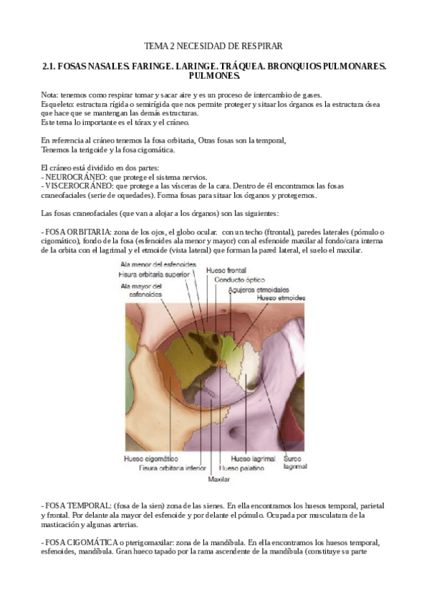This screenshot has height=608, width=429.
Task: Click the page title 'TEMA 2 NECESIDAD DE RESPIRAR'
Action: tap(213, 46)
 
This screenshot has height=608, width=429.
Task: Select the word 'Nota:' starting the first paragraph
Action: tap(50, 95)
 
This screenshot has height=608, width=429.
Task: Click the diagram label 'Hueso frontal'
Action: tap(226, 270)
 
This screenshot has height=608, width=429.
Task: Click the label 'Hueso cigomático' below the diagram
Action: tap(151, 459)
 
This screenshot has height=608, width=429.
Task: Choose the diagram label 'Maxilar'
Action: tap(218, 478)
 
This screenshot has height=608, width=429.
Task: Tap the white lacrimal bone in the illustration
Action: tap(249, 374)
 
